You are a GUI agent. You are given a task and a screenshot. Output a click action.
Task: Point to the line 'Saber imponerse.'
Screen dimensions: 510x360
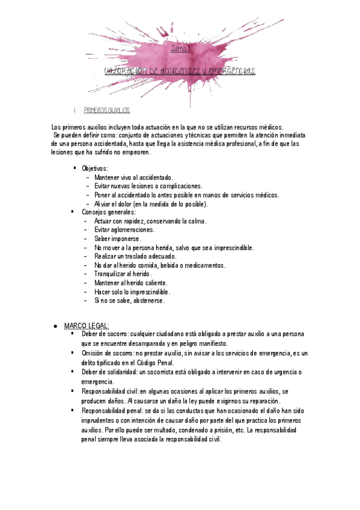point(118,239)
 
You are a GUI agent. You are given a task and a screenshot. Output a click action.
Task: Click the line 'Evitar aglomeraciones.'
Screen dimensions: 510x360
point(124,230)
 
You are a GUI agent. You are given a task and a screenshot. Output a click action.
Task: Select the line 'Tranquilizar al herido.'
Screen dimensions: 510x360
point(123,274)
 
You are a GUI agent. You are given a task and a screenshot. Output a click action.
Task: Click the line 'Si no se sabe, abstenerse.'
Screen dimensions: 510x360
point(129,300)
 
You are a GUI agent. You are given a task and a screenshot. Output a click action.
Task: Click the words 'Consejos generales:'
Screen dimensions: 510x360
point(109,212)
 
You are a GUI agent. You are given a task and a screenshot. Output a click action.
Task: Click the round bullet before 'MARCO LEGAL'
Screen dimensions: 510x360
point(55,325)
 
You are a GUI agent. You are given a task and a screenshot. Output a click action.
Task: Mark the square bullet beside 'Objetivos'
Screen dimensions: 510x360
point(74,168)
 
